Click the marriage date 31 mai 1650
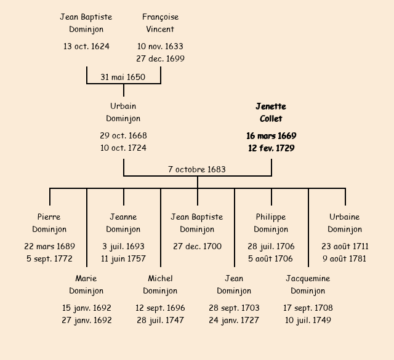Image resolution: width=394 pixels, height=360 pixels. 123,76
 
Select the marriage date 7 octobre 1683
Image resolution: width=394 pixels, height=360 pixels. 197,169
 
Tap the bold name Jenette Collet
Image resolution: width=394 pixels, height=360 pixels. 271,113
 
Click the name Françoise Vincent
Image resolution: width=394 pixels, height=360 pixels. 160,23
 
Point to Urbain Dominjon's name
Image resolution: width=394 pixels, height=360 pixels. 123,113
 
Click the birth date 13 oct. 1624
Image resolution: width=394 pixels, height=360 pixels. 86,46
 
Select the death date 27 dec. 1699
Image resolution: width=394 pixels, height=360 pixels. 160,59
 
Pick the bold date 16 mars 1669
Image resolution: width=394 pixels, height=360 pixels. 271,135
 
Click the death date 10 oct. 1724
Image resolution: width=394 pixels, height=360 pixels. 123,148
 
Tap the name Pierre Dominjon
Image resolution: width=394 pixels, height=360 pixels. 49,223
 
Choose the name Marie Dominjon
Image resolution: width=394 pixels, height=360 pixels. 86,284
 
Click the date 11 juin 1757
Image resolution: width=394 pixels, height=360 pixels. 123,258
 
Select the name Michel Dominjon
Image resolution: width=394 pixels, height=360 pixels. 160,284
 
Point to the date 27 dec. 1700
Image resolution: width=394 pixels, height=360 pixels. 197,246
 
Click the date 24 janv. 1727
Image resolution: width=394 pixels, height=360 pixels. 234,320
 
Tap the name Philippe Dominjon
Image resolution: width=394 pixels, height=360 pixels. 271,223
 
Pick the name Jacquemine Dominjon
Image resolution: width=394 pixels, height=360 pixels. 308,284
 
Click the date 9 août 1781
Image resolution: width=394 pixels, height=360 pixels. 345,258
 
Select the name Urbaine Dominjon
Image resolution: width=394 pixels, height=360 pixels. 345,223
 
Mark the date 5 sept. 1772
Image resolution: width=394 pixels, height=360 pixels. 49,258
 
